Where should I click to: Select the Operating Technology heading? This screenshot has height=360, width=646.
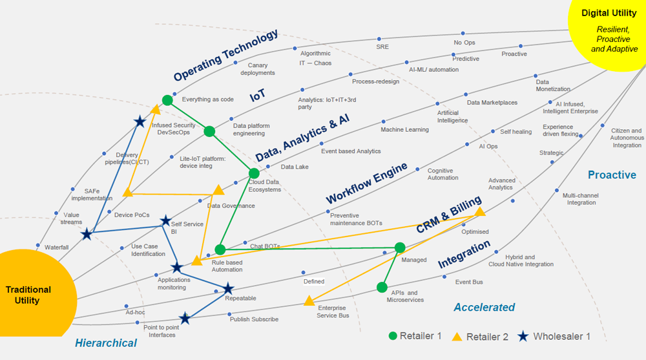(x=226, y=55)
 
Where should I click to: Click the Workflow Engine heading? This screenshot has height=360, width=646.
(x=366, y=182)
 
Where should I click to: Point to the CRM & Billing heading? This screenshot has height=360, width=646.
(x=448, y=215)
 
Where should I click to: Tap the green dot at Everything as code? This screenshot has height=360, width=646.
(x=167, y=100)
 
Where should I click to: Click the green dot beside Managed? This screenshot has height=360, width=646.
(x=400, y=248)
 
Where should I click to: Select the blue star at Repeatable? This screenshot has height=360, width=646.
(x=228, y=288)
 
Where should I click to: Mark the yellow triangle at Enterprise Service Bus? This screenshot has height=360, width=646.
(x=309, y=301)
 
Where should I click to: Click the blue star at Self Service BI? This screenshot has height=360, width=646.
(x=166, y=221)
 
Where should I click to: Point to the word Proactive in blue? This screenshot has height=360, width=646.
(x=612, y=175)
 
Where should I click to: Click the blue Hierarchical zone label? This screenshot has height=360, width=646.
(x=106, y=343)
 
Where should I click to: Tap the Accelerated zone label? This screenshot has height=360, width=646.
(x=484, y=307)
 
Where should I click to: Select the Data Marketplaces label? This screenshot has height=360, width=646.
(x=492, y=103)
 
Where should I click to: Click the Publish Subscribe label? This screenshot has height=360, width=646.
(x=254, y=319)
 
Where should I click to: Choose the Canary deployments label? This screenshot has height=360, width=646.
(x=258, y=69)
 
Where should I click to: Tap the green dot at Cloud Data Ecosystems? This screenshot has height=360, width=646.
(x=254, y=173)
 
